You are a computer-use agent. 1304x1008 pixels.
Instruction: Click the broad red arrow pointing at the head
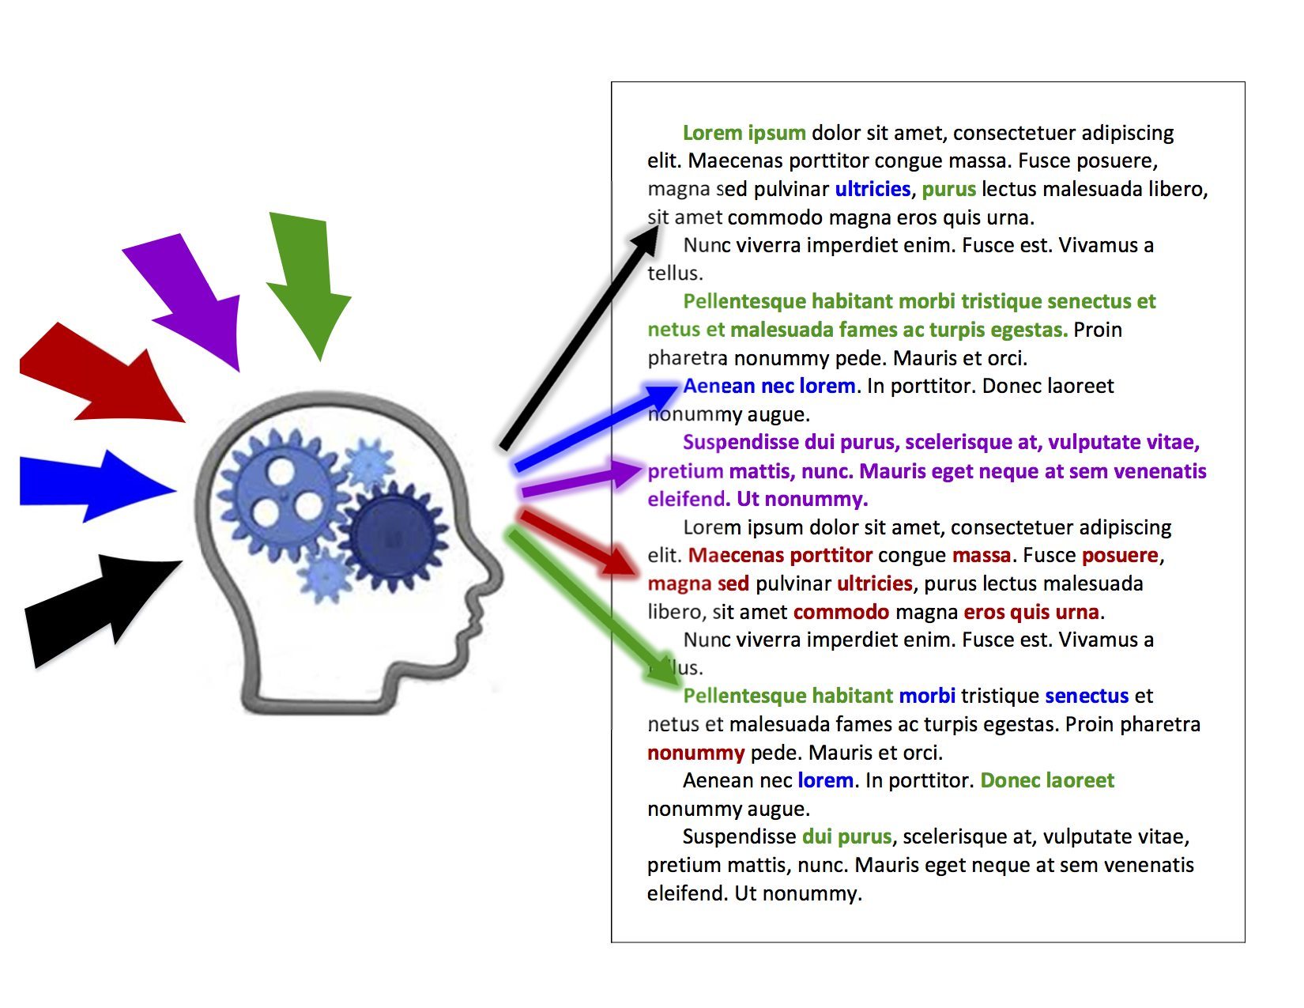pyautogui.click(x=102, y=376)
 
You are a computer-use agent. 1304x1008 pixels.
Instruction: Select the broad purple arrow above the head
pyautogui.click(x=192, y=297)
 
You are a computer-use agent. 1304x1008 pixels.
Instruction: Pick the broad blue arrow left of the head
pyautogui.click(x=96, y=486)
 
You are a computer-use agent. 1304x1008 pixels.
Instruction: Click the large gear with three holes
pyautogui.click(x=283, y=496)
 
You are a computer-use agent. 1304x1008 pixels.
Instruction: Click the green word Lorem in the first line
pyautogui.click(x=712, y=133)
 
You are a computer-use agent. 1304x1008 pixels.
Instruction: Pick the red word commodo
pyautogui.click(x=841, y=613)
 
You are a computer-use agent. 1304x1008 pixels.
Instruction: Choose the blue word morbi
pyautogui.click(x=926, y=696)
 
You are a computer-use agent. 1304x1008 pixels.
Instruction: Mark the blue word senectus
pyautogui.click(x=1087, y=697)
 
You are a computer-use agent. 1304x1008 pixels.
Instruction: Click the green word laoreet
pyautogui.click(x=1080, y=780)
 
